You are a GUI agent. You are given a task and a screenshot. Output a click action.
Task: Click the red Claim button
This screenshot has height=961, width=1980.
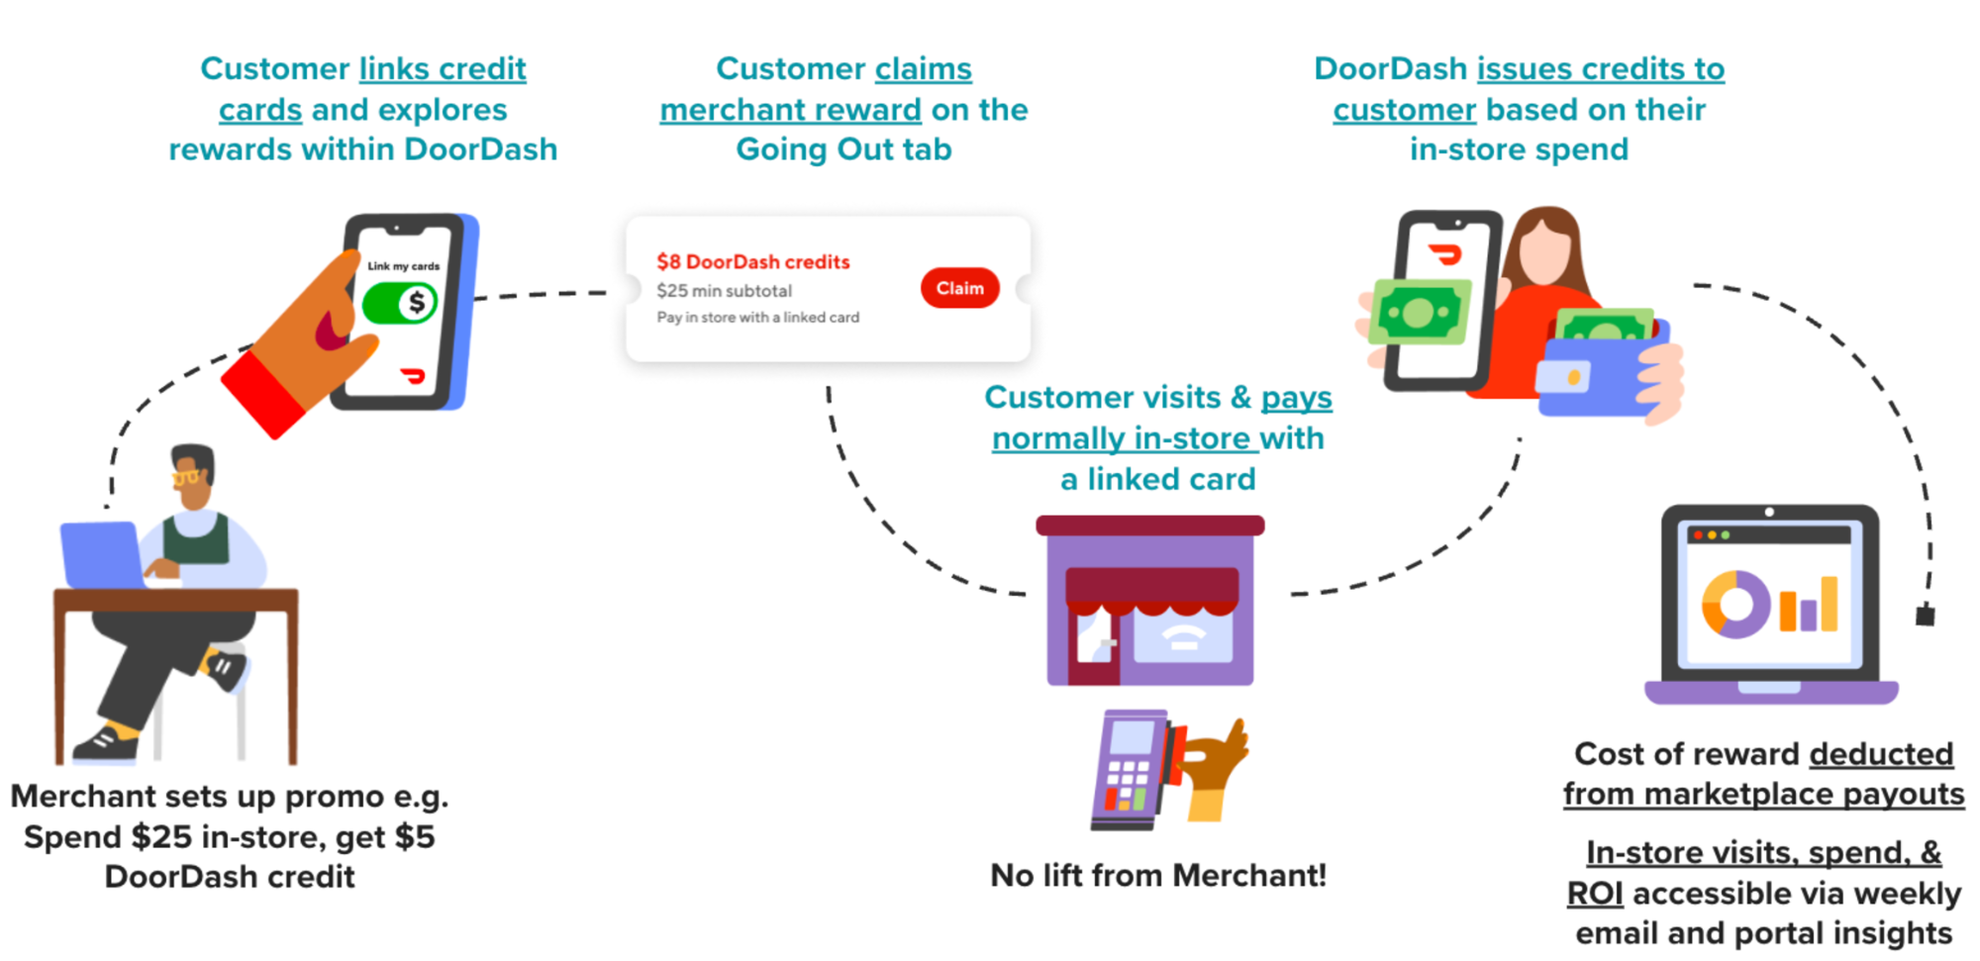click(959, 288)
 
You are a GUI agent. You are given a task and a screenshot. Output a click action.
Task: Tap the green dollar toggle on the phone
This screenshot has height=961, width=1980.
click(400, 303)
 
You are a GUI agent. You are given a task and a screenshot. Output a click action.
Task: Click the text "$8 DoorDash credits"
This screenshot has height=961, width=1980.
click(752, 262)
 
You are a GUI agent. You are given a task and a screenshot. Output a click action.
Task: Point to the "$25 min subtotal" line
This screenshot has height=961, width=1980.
click(724, 291)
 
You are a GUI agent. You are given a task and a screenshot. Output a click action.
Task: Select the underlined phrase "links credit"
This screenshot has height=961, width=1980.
click(443, 69)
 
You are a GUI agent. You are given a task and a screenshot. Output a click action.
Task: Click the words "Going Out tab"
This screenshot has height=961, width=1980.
click(843, 149)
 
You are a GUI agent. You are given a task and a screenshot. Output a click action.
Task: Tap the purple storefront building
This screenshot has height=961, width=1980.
click(1149, 604)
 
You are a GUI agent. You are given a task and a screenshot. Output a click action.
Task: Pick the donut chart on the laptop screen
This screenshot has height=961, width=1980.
click(1734, 603)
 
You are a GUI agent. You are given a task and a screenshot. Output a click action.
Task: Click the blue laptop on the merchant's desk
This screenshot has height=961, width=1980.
click(101, 554)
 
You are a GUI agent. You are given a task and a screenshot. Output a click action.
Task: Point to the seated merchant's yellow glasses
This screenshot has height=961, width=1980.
click(186, 478)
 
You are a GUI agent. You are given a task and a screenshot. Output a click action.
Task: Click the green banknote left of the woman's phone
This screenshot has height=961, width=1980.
click(1417, 313)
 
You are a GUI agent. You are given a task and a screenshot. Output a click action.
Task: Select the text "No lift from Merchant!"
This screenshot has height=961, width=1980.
click(1157, 876)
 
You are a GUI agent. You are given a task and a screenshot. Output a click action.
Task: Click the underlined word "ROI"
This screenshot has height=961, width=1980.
click(1594, 894)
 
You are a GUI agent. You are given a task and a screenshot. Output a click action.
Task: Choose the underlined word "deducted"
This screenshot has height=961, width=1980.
click(1881, 754)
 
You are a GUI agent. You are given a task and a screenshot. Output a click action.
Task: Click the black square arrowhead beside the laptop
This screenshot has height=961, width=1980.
click(1925, 616)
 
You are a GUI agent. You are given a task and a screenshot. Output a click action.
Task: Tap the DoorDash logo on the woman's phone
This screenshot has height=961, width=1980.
click(1446, 255)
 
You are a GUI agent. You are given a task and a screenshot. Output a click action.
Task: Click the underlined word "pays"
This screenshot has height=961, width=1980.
click(1296, 398)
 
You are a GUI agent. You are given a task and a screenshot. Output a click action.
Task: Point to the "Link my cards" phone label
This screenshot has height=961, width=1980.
click(403, 266)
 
